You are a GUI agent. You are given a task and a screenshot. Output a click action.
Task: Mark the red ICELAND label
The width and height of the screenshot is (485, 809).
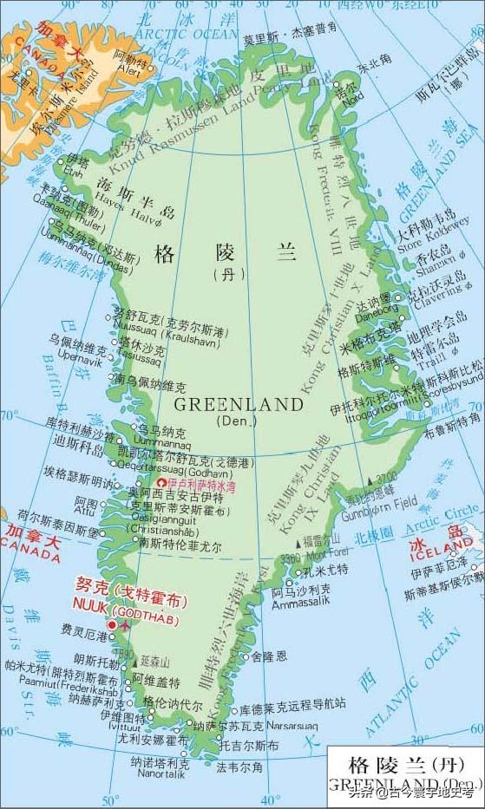[448, 555]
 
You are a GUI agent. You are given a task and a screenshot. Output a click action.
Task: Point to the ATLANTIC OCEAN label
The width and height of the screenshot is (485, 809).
[424, 685]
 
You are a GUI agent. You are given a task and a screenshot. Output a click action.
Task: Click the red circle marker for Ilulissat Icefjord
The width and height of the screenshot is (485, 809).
[161, 482]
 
